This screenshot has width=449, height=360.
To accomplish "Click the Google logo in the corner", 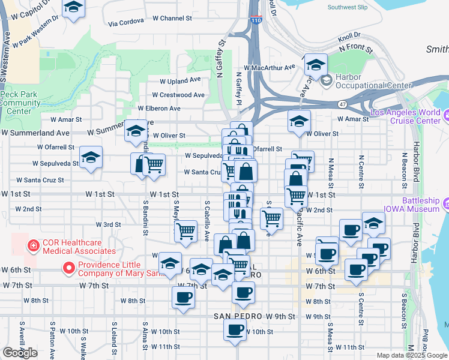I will click(x=20, y=353).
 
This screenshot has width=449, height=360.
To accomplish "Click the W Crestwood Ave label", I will click(x=179, y=95).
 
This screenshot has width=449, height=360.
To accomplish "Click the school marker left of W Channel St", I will click(x=74, y=9).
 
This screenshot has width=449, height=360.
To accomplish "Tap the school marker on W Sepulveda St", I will click(x=91, y=158).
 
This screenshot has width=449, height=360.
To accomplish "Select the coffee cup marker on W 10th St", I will click(x=235, y=329).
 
